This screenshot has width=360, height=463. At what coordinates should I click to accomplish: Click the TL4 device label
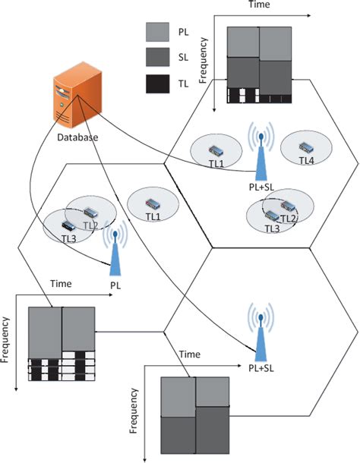(306, 161)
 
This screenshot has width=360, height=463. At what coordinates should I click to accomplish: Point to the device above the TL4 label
(307, 146)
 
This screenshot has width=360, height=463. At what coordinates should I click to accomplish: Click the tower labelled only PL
(115, 254)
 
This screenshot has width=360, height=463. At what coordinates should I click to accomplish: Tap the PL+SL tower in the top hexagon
(260, 156)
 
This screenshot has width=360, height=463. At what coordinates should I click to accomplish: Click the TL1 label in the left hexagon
(153, 217)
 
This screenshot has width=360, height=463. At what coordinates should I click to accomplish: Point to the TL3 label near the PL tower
(69, 238)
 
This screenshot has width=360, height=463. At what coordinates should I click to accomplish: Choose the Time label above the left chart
(61, 284)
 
